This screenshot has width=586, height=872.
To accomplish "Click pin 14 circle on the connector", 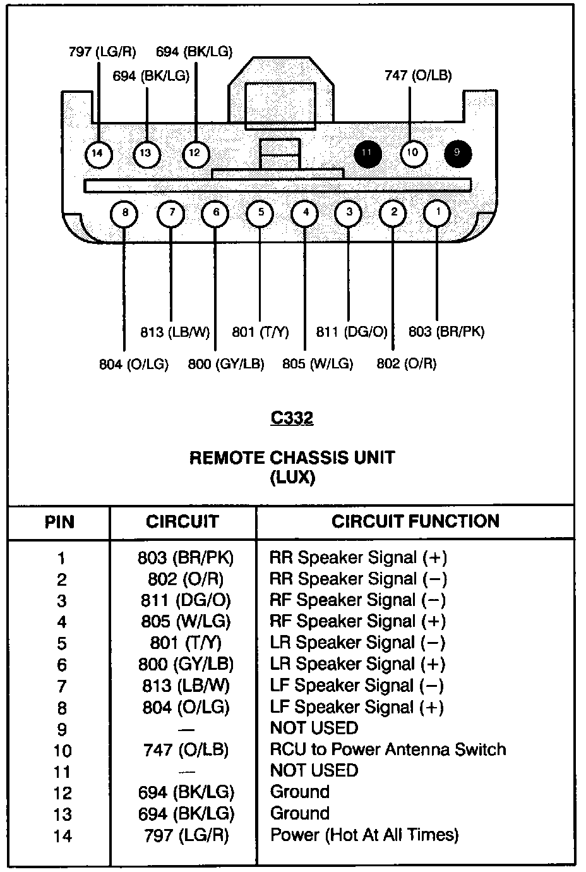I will pos(97,153).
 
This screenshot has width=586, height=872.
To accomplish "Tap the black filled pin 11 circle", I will pos(368,153).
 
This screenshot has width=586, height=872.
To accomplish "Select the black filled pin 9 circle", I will pos(457,153).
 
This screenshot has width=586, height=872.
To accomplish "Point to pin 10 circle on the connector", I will pos(412,153).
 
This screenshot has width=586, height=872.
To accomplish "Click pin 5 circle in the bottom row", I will pos(260,213).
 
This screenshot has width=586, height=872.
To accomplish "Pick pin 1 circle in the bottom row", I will pos(438,213).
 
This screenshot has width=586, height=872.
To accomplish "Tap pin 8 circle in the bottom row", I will pos(125,213).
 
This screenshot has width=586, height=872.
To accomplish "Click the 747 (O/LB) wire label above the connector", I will pos(418,75).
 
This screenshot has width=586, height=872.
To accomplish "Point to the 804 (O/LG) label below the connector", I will pos(134,365).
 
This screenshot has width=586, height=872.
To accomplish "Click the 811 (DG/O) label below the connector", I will pos(352,332).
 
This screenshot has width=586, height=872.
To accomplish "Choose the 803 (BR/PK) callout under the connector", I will pos(446,332).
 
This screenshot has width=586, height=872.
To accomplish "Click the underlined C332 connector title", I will pos(292,418).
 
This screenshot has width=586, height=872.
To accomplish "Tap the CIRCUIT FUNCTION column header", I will pos(415,521).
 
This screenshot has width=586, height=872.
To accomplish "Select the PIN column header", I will pos(59,522).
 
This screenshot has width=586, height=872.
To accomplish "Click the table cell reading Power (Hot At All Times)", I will pos(364,835).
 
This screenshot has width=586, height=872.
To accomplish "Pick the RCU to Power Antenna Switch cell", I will pos(388,749).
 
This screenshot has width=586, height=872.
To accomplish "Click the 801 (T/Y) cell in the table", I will pos(184,643).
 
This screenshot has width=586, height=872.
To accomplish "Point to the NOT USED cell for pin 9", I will pos(314,728).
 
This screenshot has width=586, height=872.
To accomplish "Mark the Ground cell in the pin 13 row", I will pos(300,813).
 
